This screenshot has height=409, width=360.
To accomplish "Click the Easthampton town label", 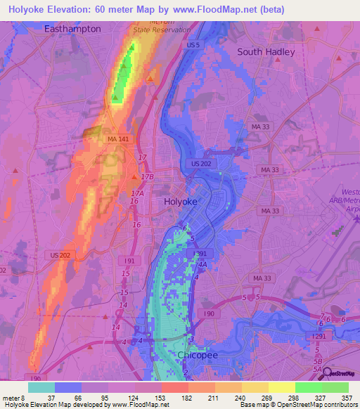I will click(x=72, y=29).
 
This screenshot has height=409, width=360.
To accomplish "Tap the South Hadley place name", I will click(x=266, y=51).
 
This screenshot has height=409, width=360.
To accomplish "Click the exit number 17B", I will click(x=146, y=177).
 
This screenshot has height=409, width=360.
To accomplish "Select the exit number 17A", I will click(x=137, y=193).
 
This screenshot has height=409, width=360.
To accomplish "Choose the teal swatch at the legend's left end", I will click(x=41, y=387).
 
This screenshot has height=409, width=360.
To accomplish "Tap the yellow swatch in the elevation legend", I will click(x=281, y=387).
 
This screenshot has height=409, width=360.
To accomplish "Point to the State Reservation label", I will click(x=162, y=30).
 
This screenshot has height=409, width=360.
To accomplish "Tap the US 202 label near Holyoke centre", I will click(x=200, y=164).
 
